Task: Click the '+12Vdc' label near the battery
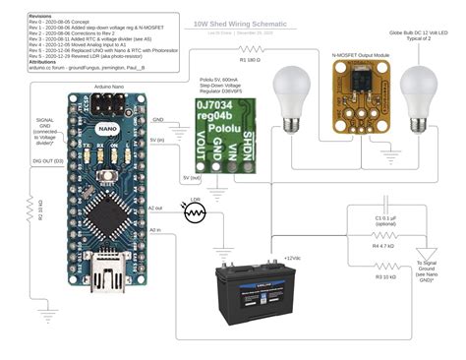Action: [x=292, y=258]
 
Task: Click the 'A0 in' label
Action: [x=155, y=229]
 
